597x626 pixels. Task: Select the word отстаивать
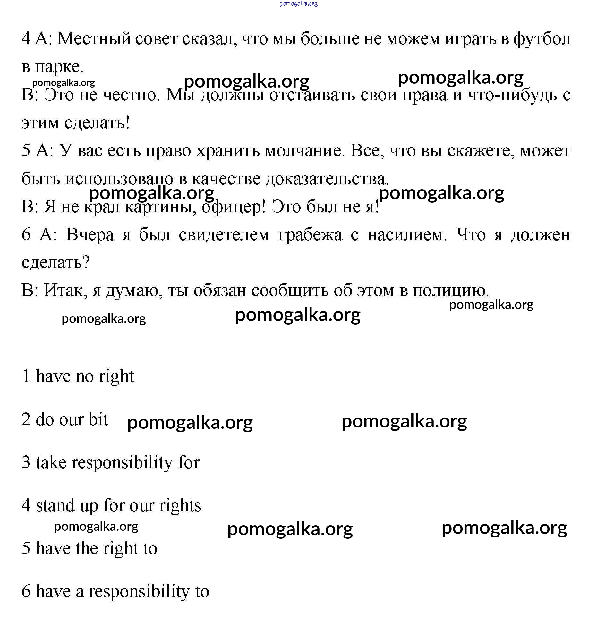point(312,95)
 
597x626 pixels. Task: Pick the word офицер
point(234,207)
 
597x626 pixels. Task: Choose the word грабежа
point(310,235)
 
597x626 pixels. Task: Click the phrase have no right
point(85,376)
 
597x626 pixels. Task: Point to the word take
point(51,462)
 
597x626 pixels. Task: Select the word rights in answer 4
point(180,506)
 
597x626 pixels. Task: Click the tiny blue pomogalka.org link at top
point(298,4)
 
